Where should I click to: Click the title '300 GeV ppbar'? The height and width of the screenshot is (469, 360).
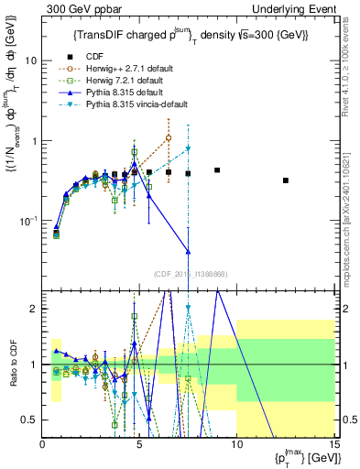click(x=72, y=8)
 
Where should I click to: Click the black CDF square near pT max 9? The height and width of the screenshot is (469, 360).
click(x=217, y=170)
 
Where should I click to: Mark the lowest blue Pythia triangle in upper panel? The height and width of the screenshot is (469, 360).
click(x=188, y=251)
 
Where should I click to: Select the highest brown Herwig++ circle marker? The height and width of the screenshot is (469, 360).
click(x=169, y=138)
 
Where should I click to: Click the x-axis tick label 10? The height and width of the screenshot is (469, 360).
click(x=236, y=444)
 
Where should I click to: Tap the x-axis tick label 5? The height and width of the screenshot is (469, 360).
click(x=139, y=444)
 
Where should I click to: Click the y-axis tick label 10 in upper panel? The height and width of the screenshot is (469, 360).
click(x=31, y=60)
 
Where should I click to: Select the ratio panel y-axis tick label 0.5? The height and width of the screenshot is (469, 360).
click(x=30, y=420)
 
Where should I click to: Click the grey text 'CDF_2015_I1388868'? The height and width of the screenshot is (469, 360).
click(x=189, y=274)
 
